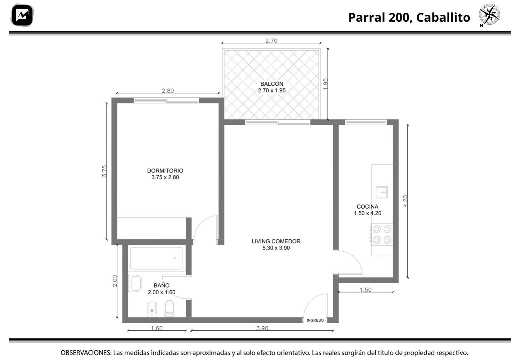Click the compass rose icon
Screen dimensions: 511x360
[x=490, y=14]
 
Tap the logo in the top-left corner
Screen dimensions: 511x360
[x=22, y=15]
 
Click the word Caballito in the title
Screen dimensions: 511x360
[x=443, y=17]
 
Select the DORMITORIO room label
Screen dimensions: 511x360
[x=165, y=170]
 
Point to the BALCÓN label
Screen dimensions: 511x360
[x=272, y=84]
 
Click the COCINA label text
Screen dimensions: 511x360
[x=368, y=207]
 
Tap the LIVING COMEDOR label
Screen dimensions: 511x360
[x=276, y=241]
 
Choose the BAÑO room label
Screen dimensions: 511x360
[x=161, y=285]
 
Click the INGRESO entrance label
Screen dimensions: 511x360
[x=315, y=320]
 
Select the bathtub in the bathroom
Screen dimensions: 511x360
[x=156, y=258]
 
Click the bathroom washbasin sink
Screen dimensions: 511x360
[x=135, y=283]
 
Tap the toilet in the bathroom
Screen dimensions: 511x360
[x=169, y=309]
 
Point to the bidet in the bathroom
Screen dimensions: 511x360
[x=152, y=309]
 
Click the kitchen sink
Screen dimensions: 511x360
[x=382, y=192]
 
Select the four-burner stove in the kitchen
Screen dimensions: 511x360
[x=382, y=234]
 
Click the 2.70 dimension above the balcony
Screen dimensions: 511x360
[x=271, y=41]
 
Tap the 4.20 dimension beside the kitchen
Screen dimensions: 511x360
[x=405, y=201]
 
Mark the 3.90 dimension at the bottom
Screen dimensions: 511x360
[x=262, y=328]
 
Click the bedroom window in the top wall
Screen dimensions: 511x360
[x=166, y=100]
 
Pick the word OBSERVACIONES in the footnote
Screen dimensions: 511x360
[x=86, y=353]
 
